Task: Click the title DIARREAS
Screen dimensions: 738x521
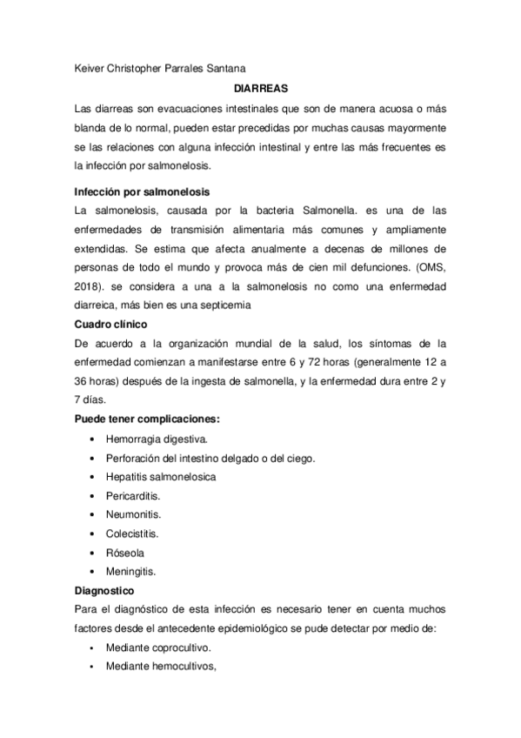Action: [260, 88]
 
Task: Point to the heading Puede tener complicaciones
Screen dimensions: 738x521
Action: [146, 419]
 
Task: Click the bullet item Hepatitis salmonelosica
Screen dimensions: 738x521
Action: [161, 477]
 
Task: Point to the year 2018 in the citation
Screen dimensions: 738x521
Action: [89, 287]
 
